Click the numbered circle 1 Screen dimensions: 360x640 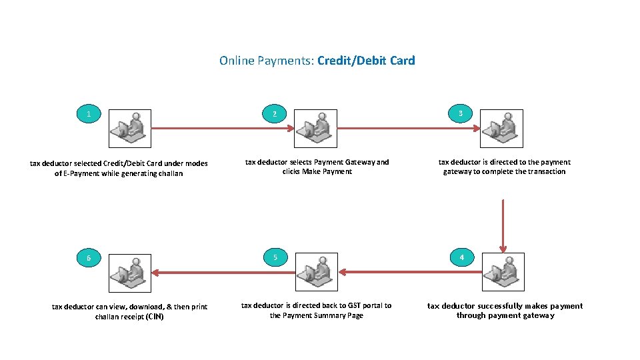coord(89,114)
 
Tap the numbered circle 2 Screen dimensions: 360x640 coord(274,114)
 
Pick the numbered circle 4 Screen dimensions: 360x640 coord(462,258)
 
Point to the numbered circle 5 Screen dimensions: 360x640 coord(274,258)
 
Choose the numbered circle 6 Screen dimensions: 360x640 coord(89,259)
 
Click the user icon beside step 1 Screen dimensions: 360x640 coord(130,128)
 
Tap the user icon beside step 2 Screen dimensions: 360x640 coord(316,128)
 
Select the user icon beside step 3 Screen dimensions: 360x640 coord(502,128)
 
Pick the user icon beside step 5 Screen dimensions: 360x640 coord(316,272)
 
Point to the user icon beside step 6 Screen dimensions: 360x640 coord(130,272)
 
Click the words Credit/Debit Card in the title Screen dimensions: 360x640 coord(366,61)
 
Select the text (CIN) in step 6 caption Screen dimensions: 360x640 coord(154,317)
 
